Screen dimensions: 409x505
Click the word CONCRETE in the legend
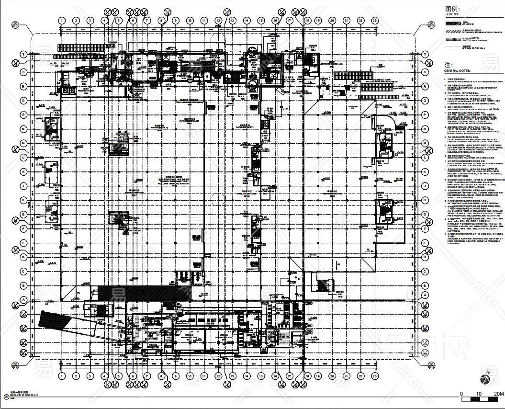point(469,24)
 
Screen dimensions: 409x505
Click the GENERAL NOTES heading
point(457,70)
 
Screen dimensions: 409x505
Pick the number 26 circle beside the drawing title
point(6,396)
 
